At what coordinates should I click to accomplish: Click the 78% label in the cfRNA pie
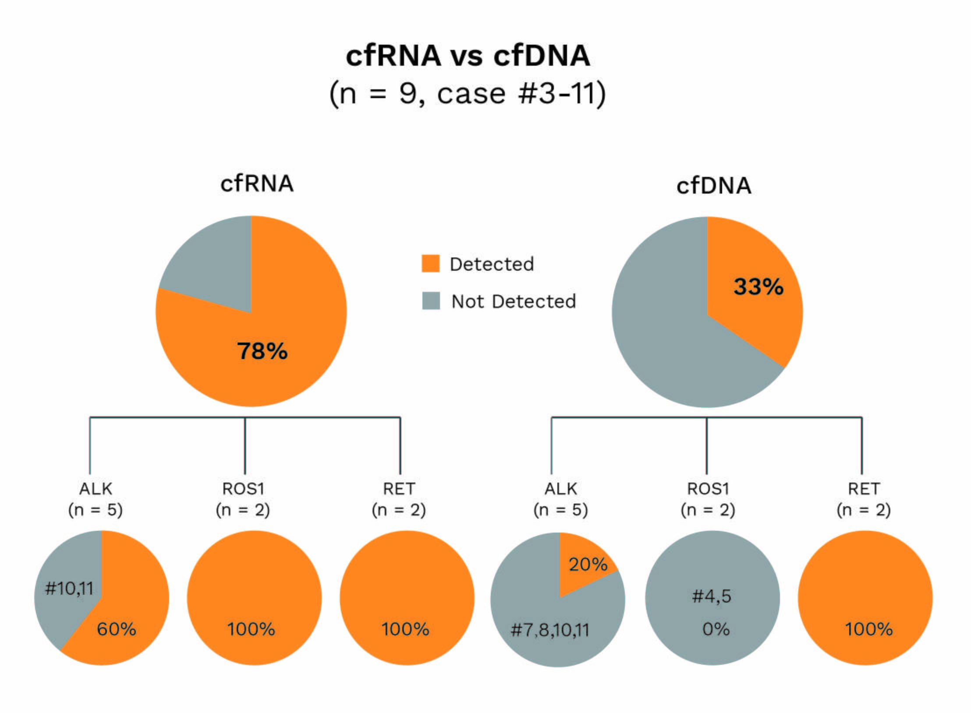(262, 351)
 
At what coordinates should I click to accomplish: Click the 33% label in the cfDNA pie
(758, 287)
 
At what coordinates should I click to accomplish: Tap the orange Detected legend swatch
(430, 264)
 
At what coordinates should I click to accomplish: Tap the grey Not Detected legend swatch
(431, 301)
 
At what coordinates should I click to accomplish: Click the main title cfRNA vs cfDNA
(468, 56)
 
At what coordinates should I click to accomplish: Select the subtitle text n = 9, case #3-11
(468, 93)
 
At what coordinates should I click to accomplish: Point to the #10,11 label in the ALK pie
(69, 588)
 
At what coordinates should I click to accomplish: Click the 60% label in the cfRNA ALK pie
(116, 629)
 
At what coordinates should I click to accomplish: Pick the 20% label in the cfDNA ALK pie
(588, 565)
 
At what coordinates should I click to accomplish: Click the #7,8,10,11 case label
(550, 630)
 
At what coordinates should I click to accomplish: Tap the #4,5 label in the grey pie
(712, 596)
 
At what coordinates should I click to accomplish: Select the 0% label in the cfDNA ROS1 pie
(716, 629)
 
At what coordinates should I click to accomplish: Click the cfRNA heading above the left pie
(257, 184)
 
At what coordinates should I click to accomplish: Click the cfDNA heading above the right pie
(714, 186)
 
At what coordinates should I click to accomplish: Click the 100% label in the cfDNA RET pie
(868, 629)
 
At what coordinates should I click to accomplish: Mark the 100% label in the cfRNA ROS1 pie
(251, 629)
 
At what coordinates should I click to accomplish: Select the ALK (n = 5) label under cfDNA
(560, 499)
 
